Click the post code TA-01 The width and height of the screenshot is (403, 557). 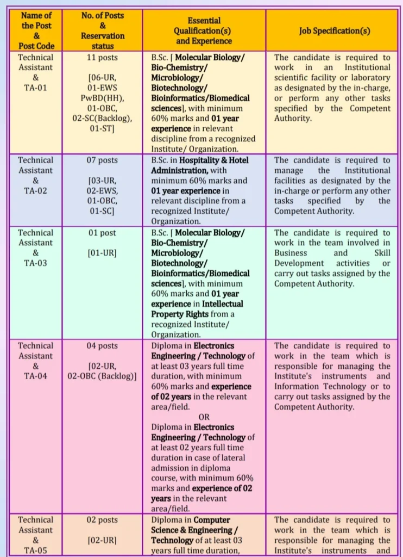(36, 88)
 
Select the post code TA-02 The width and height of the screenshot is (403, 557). (36, 190)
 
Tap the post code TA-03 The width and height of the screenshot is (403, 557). (36, 263)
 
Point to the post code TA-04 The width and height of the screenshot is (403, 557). (36, 376)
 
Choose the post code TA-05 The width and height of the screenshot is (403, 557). (36, 550)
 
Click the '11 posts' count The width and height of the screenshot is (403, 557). (102, 57)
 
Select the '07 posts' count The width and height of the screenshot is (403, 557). (102, 160)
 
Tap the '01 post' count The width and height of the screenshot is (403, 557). (102, 232)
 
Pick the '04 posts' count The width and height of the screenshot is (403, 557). (102, 345)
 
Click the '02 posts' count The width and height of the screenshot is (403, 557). (102, 519)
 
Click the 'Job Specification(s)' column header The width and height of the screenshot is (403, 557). (335, 30)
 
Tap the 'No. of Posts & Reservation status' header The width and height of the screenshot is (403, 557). (102, 30)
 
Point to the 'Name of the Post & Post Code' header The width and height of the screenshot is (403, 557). (36, 30)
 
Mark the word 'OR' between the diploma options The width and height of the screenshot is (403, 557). (204, 417)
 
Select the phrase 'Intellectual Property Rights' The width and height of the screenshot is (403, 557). (197, 309)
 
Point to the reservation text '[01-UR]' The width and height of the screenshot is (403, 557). (102, 253)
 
